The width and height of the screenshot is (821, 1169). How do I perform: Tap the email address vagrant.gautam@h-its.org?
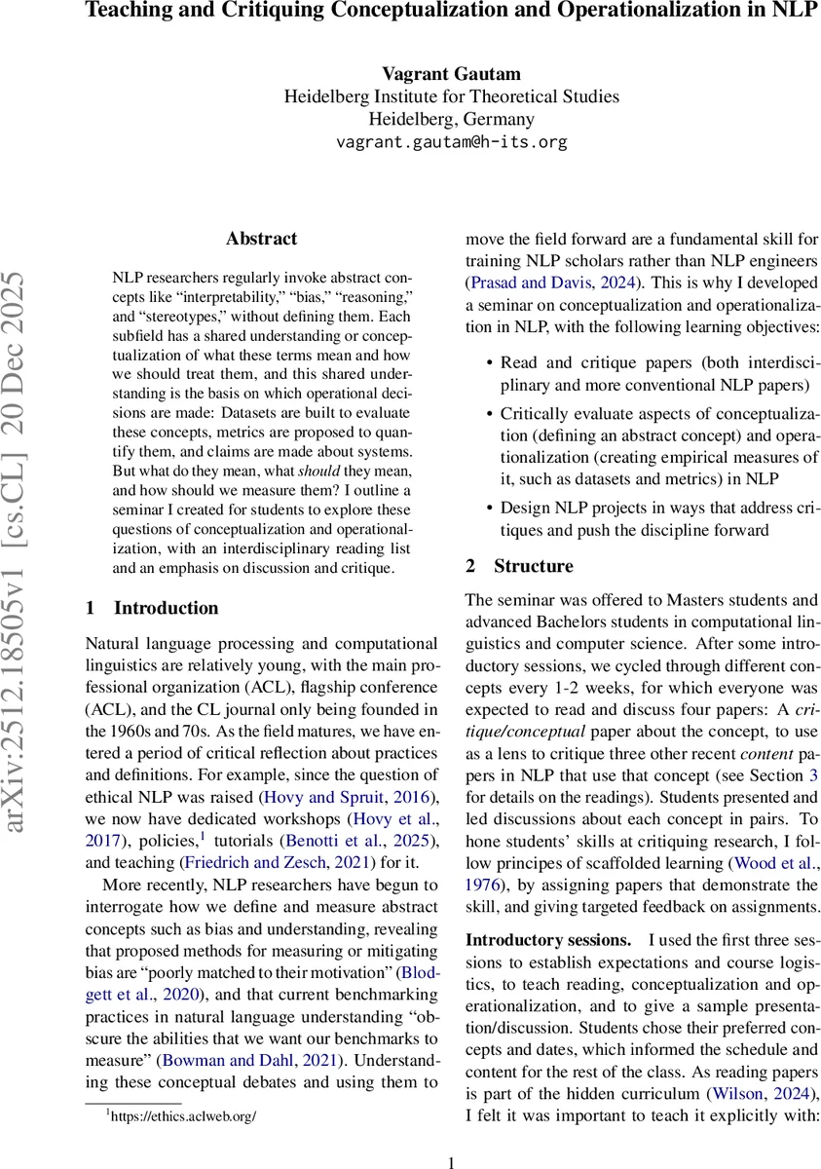pos(451,142)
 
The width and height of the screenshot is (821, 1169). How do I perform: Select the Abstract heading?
pos(261,239)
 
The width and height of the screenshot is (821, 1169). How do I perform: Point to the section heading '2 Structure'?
pos(519,566)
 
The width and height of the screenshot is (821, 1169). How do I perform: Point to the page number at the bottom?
pos(451,1161)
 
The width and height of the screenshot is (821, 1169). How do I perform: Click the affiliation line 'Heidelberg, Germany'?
pos(451,120)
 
